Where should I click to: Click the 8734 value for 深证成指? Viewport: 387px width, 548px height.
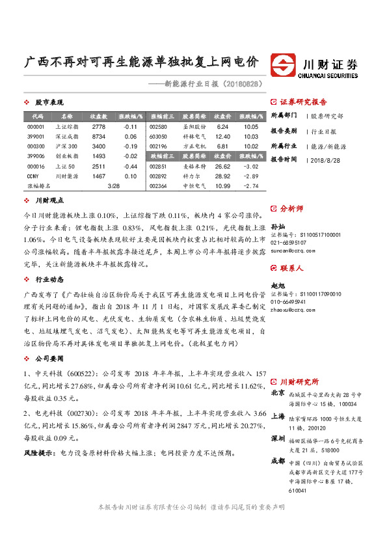coord(99,137)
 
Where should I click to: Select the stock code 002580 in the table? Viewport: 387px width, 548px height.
coord(158,127)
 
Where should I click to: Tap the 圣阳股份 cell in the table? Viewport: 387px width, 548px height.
coord(194,127)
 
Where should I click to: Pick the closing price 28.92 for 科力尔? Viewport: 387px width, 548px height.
coord(222,176)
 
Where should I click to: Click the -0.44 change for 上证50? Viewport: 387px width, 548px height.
coord(130,166)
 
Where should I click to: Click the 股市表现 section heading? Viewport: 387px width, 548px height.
coord(49,103)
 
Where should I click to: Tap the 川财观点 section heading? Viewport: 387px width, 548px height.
coord(49,202)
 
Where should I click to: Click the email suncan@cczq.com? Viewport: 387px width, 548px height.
coord(289,250)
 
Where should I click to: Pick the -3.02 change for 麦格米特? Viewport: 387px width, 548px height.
coord(250,167)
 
